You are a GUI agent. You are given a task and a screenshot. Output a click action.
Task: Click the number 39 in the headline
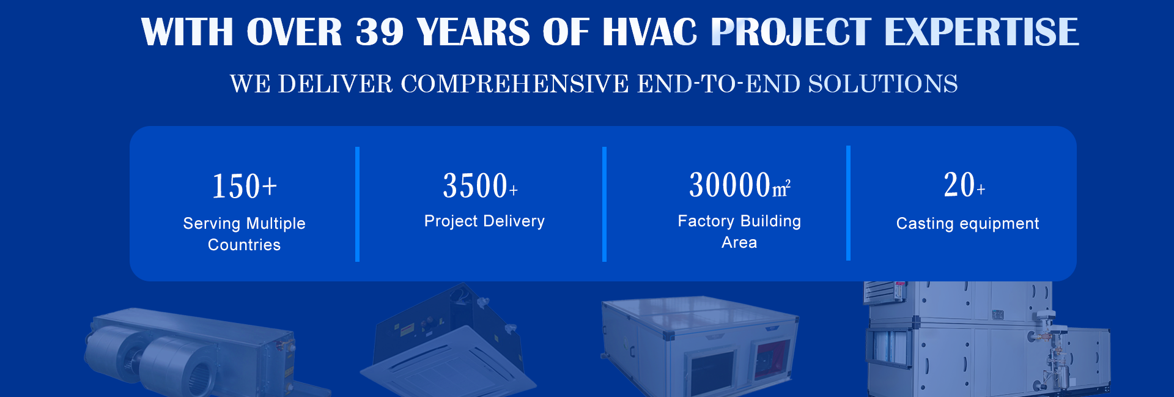pos(380,32)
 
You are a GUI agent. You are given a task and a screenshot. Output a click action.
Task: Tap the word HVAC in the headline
pos(650,32)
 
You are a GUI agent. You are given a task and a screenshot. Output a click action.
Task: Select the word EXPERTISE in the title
pos(981,32)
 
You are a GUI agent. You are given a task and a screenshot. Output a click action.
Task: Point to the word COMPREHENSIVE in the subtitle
pos(514,84)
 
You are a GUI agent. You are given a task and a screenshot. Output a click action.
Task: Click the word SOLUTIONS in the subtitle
pos(883,84)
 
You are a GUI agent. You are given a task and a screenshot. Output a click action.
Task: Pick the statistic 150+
pos(245,187)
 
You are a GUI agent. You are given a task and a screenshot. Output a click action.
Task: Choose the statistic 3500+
pos(481,185)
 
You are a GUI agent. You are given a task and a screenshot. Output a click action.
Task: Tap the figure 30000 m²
pos(740,185)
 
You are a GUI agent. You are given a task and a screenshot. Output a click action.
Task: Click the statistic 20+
pos(964,185)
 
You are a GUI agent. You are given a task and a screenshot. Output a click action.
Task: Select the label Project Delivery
pos(484,221)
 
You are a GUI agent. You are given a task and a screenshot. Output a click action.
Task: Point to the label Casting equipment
pos(967,224)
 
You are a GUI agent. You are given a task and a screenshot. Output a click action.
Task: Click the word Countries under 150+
pos(244,245)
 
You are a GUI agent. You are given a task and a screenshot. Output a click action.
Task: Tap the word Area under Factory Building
pos(739,242)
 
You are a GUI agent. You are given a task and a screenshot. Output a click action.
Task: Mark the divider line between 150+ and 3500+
pos(357,204)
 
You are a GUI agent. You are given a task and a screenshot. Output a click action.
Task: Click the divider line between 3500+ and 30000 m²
pos(604,204)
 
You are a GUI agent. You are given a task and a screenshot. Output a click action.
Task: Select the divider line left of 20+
pos(848,203)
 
